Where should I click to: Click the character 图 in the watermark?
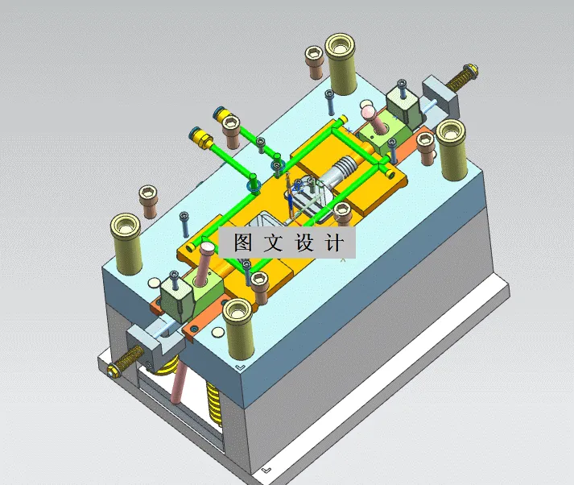[243, 242]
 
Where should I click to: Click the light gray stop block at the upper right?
[440, 94]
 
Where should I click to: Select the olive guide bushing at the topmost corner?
[341, 62]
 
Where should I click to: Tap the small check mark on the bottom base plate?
[266, 468]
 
